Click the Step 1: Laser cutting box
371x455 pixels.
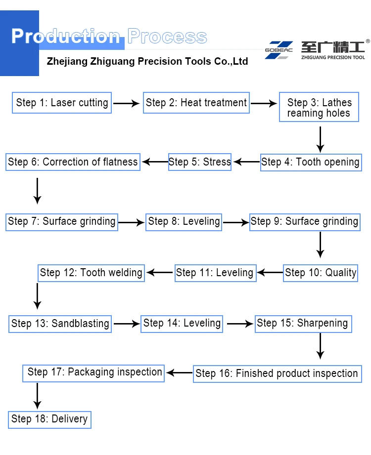tap(62, 103)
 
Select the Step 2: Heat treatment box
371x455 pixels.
tap(196, 103)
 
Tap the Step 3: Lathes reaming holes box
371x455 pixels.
tap(319, 108)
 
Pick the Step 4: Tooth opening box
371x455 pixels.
tap(311, 162)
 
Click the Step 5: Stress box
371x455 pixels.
tap(200, 162)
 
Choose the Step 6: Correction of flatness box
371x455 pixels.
tap(73, 162)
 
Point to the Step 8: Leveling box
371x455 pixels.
tap(184, 221)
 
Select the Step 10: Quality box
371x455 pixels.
tap(321, 272)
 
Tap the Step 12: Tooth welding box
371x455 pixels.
tap(92, 272)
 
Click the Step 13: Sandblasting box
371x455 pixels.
tap(60, 324)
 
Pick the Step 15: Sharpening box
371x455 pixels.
tap(303, 323)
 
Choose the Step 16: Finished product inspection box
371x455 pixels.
tap(277, 373)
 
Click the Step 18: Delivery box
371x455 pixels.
tap(49, 419)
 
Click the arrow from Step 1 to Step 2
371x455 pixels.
tap(127, 104)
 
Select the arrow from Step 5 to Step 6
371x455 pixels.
tap(155, 162)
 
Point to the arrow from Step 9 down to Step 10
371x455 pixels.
tap(321, 245)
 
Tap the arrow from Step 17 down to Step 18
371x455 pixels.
tap(37, 395)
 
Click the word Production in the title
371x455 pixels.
tap(66, 37)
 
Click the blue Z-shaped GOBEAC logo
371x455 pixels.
tap(278, 50)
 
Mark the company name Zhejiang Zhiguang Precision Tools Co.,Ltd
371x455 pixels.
tap(147, 62)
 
